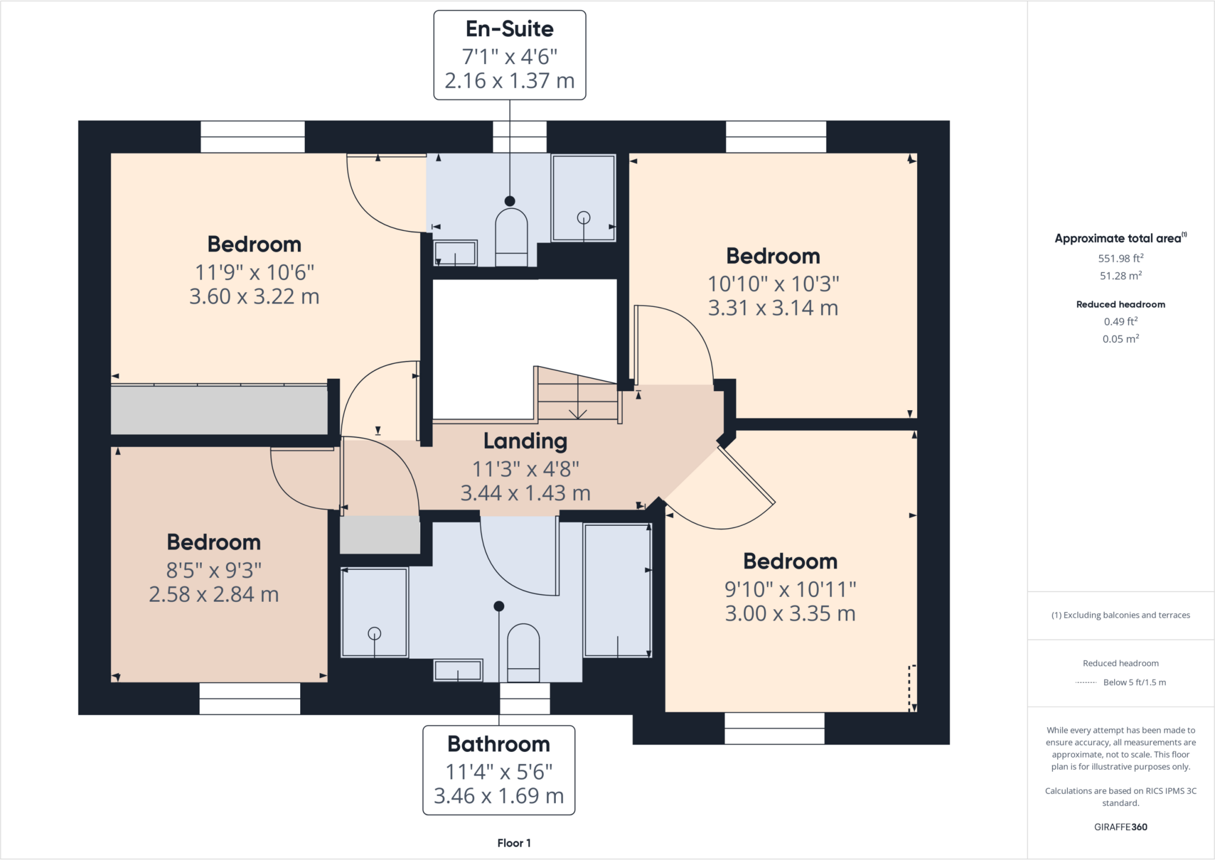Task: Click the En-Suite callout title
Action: pyautogui.click(x=510, y=29)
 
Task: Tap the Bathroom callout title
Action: pyautogui.click(x=499, y=744)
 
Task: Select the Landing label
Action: pyautogui.click(x=526, y=441)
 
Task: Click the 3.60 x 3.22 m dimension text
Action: pyautogui.click(x=255, y=296)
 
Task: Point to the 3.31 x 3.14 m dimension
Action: pyautogui.click(x=773, y=308)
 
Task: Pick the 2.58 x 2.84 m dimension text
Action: pyautogui.click(x=214, y=594)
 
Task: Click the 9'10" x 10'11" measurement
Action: pyautogui.click(x=790, y=589)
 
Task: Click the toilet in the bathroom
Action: pyautogui.click(x=523, y=653)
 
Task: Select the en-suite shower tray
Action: pyautogui.click(x=584, y=198)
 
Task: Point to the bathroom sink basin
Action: pyautogui.click(x=458, y=671)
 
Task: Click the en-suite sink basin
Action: pyautogui.click(x=455, y=253)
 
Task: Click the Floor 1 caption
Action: pyautogui.click(x=514, y=843)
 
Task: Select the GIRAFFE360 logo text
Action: pyautogui.click(x=1121, y=827)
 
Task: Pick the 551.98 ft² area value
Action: pyautogui.click(x=1121, y=258)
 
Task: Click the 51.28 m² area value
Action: pyautogui.click(x=1121, y=275)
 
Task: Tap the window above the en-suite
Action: pyautogui.click(x=520, y=137)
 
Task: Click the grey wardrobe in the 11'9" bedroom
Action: pyautogui.click(x=220, y=410)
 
